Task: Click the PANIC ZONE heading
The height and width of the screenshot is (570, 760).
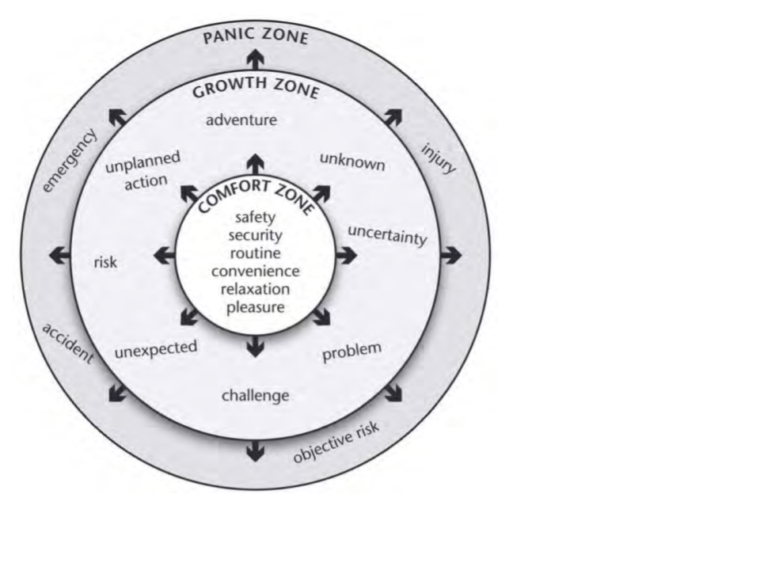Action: pyautogui.click(x=255, y=37)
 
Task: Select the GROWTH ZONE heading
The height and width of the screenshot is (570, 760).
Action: pyautogui.click(x=255, y=89)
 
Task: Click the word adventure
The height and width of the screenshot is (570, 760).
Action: pyautogui.click(x=241, y=120)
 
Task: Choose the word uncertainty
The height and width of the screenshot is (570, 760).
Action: pyautogui.click(x=387, y=234)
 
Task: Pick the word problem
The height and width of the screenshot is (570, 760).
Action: pyautogui.click(x=351, y=351)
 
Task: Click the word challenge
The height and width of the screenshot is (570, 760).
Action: pyautogui.click(x=255, y=395)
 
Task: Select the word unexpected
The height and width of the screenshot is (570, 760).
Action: pyautogui.click(x=155, y=348)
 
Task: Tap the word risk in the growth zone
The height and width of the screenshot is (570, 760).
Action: pyautogui.click(x=105, y=261)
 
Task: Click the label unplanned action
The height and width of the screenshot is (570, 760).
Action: pyautogui.click(x=143, y=169)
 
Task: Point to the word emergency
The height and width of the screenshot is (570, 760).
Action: pyautogui.click(x=70, y=161)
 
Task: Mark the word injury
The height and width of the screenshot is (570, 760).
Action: pyautogui.click(x=438, y=158)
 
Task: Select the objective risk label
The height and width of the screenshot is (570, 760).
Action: pyautogui.click(x=336, y=443)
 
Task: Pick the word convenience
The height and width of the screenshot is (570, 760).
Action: pyautogui.click(x=255, y=272)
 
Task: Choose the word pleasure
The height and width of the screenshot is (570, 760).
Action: pyautogui.click(x=255, y=307)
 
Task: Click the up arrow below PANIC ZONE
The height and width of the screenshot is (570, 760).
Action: pyautogui.click(x=255, y=59)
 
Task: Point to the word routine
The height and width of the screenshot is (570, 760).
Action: pyautogui.click(x=255, y=253)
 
